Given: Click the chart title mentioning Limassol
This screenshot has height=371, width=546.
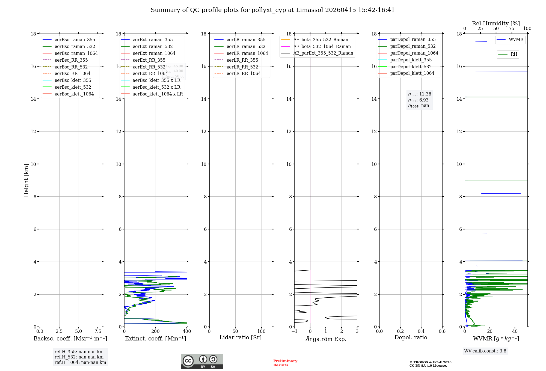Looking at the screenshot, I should (x=272, y=10).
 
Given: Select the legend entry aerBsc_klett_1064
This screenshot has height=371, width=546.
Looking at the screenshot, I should (x=74, y=94).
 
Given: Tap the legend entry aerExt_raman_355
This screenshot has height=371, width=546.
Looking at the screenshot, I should (x=153, y=40).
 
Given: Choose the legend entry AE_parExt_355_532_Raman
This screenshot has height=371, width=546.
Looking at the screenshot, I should (x=323, y=53).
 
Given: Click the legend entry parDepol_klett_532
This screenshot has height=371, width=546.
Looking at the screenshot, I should (x=411, y=67).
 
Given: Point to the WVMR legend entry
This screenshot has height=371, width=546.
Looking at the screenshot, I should (x=516, y=40).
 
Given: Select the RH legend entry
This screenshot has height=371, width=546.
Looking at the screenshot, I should (x=514, y=54).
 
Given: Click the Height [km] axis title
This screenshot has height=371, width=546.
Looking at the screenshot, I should (x=26, y=180).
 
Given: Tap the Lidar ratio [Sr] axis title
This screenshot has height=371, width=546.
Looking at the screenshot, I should (x=240, y=337).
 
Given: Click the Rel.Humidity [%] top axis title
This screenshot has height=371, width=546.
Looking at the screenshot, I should (x=496, y=23).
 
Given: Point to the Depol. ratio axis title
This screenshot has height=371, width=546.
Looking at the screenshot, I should (x=411, y=337).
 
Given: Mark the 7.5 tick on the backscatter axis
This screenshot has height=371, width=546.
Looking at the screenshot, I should (x=98, y=331).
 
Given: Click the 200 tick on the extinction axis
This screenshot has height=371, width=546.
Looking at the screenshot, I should (x=155, y=331).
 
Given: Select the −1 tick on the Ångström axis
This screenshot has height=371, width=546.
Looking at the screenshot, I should (x=294, y=331).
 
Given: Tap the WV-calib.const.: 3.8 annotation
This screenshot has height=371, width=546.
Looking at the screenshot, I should (x=485, y=351).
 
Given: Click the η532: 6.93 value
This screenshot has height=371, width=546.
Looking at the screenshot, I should (x=418, y=100).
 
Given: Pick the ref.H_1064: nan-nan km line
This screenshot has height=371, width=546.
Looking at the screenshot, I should (x=80, y=363).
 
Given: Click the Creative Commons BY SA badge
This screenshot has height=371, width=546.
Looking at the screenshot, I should (x=202, y=361).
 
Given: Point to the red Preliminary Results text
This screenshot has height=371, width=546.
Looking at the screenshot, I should (x=285, y=363).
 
